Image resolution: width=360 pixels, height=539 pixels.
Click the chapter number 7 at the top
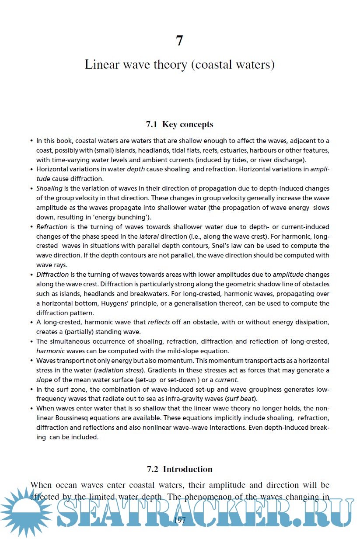[179, 41]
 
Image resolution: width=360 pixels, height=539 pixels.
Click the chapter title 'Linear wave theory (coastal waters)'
[179, 65]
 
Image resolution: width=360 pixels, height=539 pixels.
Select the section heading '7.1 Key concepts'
[179, 124]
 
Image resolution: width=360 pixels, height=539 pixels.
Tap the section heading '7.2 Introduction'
[179, 469]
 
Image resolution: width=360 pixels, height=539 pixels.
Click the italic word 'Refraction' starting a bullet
[52, 227]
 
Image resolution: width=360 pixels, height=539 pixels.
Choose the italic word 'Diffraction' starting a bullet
[52, 275]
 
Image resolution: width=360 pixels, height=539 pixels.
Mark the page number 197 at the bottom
[180, 520]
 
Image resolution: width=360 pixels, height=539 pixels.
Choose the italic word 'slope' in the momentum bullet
[44, 380]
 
